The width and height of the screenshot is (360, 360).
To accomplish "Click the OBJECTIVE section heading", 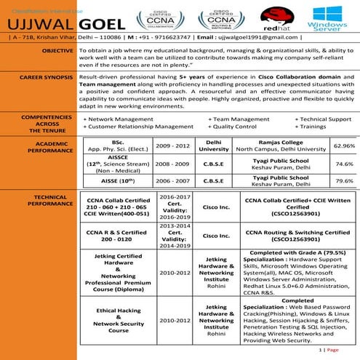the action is coord(57,51).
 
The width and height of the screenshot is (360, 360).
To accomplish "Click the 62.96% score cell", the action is coord(343,145).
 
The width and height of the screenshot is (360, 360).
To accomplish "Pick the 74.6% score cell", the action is coord(343,164).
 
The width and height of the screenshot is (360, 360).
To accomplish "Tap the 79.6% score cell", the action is coord(343,180).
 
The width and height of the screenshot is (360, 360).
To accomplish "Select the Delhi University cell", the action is coord(214,145).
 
